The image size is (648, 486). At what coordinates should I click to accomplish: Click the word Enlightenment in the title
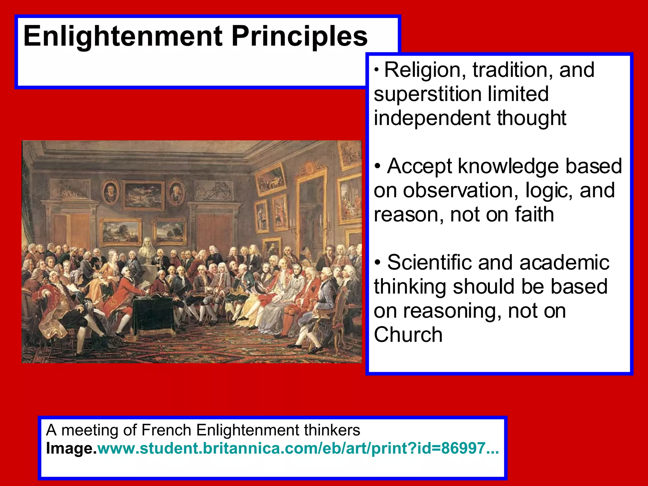(x=123, y=37)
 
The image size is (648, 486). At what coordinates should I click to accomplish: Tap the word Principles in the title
(x=299, y=37)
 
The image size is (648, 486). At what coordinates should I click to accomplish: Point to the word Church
(x=408, y=335)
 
